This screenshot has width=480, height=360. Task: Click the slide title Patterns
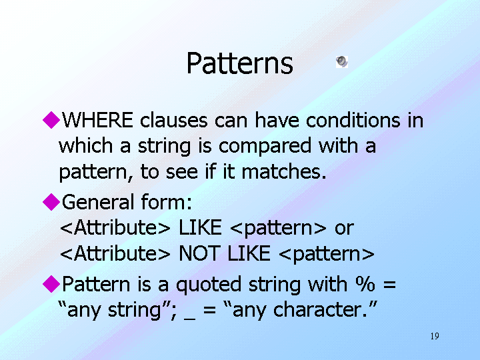tap(240, 63)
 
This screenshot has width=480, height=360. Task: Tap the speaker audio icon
tap(342, 61)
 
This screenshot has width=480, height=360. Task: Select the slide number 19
tap(435, 336)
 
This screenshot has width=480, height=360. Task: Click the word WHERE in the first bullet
tap(97, 120)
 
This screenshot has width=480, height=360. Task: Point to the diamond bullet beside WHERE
tap(51, 120)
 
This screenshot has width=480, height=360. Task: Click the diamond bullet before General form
tap(51, 202)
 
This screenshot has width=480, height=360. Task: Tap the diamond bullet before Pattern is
tap(51, 284)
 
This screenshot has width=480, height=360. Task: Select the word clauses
tap(174, 120)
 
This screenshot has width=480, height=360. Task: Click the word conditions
tap(353, 120)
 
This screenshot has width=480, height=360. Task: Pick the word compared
tap(265, 146)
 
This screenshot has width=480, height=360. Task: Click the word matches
tap(284, 171)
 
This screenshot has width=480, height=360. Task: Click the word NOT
tap(199, 253)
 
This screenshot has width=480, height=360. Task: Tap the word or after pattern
tap(345, 228)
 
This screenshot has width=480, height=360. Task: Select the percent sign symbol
tap(365, 284)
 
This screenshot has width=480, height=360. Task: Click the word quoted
tap(209, 285)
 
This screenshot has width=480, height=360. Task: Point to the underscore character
tap(190, 319)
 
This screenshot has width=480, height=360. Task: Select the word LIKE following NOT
tap(249, 253)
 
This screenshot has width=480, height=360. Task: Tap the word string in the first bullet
tap(165, 146)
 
